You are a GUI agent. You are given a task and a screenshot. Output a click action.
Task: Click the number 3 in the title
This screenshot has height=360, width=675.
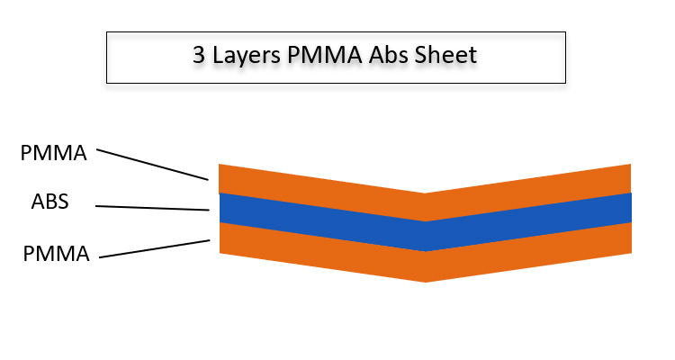pyautogui.click(x=199, y=55)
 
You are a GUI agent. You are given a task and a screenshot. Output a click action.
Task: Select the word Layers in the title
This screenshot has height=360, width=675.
pyautogui.click(x=244, y=56)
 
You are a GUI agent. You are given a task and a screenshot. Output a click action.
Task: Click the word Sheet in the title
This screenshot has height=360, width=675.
pyautogui.click(x=445, y=55)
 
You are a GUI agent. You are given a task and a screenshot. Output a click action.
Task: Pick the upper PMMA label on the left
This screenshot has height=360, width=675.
pyautogui.click(x=54, y=153)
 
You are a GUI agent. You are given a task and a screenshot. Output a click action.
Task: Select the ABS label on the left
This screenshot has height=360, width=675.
pyautogui.click(x=49, y=203)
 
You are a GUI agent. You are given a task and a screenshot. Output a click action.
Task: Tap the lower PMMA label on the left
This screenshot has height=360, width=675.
pyautogui.click(x=57, y=254)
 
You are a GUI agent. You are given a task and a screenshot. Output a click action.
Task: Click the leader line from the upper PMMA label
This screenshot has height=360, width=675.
pyautogui.click(x=153, y=165)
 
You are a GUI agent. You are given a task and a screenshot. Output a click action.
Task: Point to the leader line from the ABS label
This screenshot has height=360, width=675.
pyautogui.click(x=153, y=208)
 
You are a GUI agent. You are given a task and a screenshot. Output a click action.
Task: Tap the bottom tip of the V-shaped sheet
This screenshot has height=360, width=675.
pyautogui.click(x=426, y=281)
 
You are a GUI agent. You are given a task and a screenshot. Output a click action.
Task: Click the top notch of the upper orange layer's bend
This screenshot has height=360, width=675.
pyautogui.click(x=426, y=193)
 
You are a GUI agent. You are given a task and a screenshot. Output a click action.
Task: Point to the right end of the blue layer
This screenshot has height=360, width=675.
pyautogui.click(x=629, y=208)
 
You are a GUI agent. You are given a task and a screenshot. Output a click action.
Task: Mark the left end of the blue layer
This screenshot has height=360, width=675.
pyautogui.click(x=221, y=208)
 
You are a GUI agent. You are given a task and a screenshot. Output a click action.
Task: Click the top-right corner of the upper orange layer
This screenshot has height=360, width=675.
pyautogui.click(x=629, y=166)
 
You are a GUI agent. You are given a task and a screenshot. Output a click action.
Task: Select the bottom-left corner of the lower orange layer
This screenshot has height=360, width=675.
pyautogui.click(x=220, y=252)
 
